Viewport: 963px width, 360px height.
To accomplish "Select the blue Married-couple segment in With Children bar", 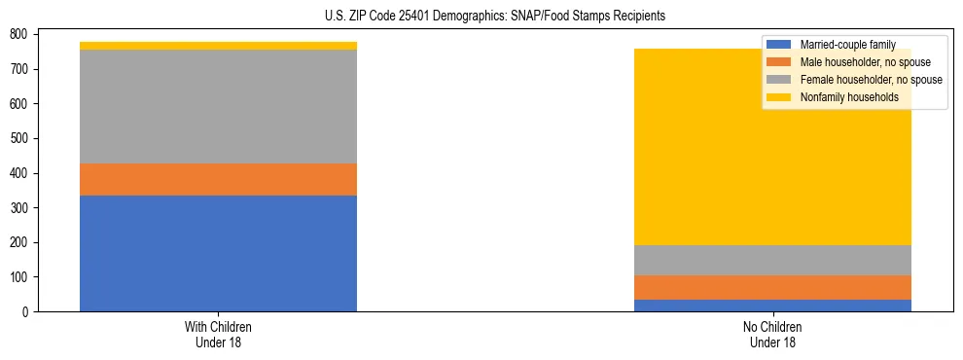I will point(218,253).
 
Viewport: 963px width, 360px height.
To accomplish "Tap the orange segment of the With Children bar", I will point(218,179).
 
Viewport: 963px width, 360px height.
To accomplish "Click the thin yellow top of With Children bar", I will point(218,46).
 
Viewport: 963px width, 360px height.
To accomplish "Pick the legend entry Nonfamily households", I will point(857,97).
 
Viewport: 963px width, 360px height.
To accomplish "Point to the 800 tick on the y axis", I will point(18,34).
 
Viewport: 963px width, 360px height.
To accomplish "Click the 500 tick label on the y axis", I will point(18,138).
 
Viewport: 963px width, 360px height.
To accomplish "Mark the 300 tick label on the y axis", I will point(18,207).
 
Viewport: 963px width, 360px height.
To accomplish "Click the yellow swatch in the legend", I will point(779,97).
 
